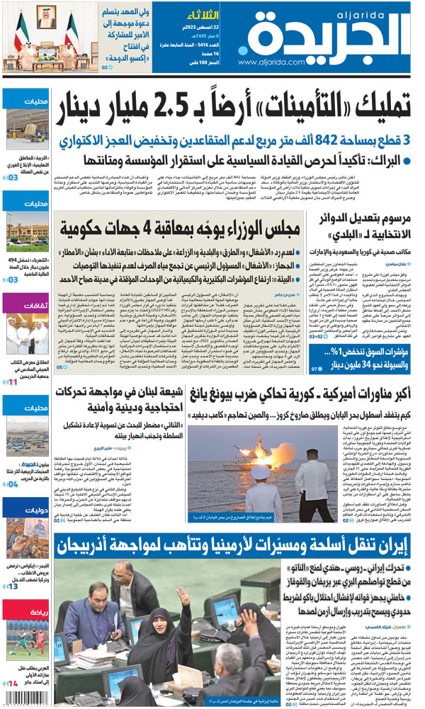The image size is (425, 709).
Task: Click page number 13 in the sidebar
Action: click(12, 587)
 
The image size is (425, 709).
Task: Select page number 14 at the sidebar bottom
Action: click(12, 683)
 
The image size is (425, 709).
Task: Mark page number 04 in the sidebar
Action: click(12, 484)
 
